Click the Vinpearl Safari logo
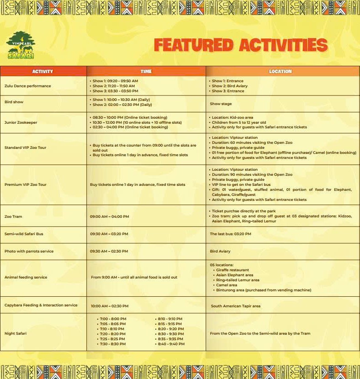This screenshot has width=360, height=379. (x=21, y=45)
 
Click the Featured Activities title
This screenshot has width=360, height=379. (x=240, y=45)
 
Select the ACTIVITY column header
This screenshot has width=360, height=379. (x=43, y=71)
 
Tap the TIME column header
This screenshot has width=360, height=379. (x=146, y=71)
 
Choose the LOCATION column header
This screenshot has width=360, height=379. (x=280, y=71)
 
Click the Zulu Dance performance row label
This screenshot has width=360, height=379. (x=27, y=86)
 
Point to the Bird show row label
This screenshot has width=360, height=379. (x=14, y=102)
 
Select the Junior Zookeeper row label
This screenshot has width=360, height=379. (x=21, y=122)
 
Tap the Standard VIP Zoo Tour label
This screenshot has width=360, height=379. (x=25, y=147)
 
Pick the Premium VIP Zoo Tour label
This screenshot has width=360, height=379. (x=26, y=184)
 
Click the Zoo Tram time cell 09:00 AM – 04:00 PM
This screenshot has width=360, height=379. (x=110, y=216)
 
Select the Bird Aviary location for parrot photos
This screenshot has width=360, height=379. (x=220, y=251)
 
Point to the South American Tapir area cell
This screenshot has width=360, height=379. (x=236, y=306)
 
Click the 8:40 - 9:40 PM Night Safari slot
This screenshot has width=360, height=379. (x=171, y=344)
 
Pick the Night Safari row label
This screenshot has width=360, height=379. (x=16, y=333)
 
